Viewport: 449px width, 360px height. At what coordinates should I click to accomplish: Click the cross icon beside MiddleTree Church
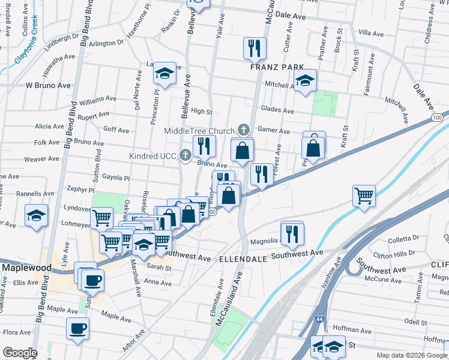(243, 130)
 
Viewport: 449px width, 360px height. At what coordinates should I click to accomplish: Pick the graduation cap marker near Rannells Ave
(36, 215)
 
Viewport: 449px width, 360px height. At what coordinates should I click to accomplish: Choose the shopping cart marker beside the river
(364, 195)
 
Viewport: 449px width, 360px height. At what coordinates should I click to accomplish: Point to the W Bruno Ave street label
(48, 86)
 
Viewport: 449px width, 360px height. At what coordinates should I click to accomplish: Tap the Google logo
(19, 353)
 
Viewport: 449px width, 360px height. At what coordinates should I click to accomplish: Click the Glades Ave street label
(277, 110)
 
